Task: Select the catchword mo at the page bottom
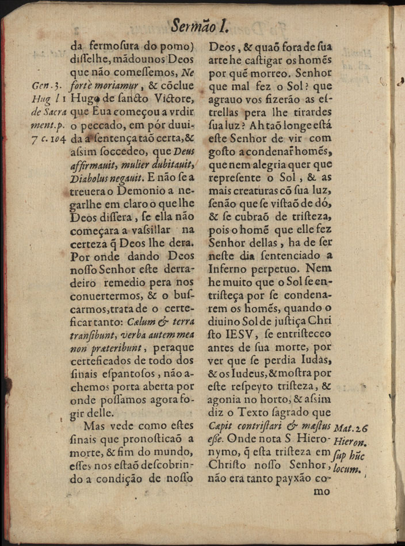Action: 322,491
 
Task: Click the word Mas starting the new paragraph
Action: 96,426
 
